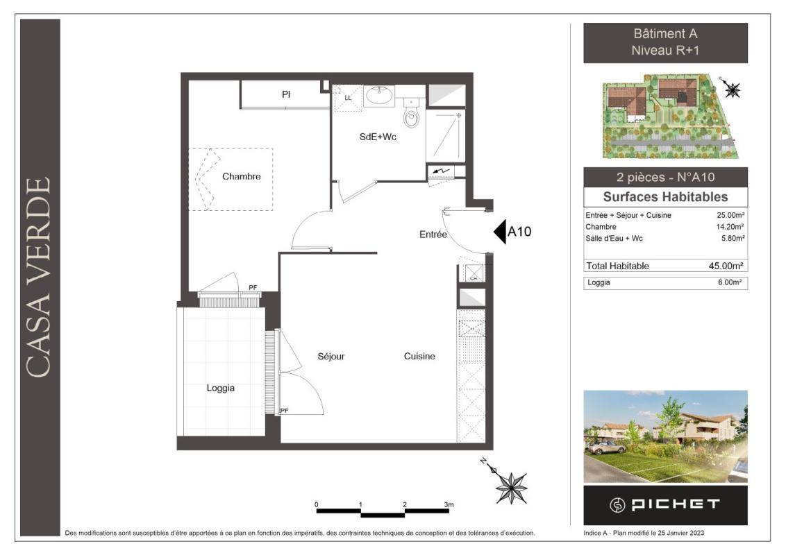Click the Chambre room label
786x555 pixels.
pyautogui.click(x=241, y=176)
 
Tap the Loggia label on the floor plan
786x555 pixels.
pyautogui.click(x=221, y=388)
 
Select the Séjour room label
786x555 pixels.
pyautogui.click(x=331, y=356)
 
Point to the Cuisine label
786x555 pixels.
pyautogui.click(x=419, y=356)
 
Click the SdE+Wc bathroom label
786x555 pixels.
pyautogui.click(x=378, y=137)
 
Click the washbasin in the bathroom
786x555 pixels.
pyautogui.click(x=380, y=96)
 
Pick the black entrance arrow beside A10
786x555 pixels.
pyautogui.click(x=500, y=232)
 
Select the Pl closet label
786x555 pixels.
pyautogui.click(x=286, y=94)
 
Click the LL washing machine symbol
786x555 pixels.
pyautogui.click(x=347, y=97)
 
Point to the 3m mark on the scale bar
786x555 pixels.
pyautogui.click(x=449, y=504)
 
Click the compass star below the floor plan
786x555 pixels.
pyautogui.click(x=511, y=488)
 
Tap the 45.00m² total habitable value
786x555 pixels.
pyautogui.click(x=726, y=266)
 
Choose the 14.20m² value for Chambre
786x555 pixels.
pyautogui.click(x=730, y=227)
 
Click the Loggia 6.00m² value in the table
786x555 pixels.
pyautogui.click(x=730, y=282)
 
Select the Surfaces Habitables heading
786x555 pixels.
pyautogui.click(x=665, y=197)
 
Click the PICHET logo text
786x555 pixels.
pyautogui.click(x=675, y=504)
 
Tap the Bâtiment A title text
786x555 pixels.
pyautogui.click(x=665, y=33)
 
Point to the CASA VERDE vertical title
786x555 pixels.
pyautogui.click(x=38, y=277)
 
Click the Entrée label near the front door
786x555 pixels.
pyautogui.click(x=433, y=234)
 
